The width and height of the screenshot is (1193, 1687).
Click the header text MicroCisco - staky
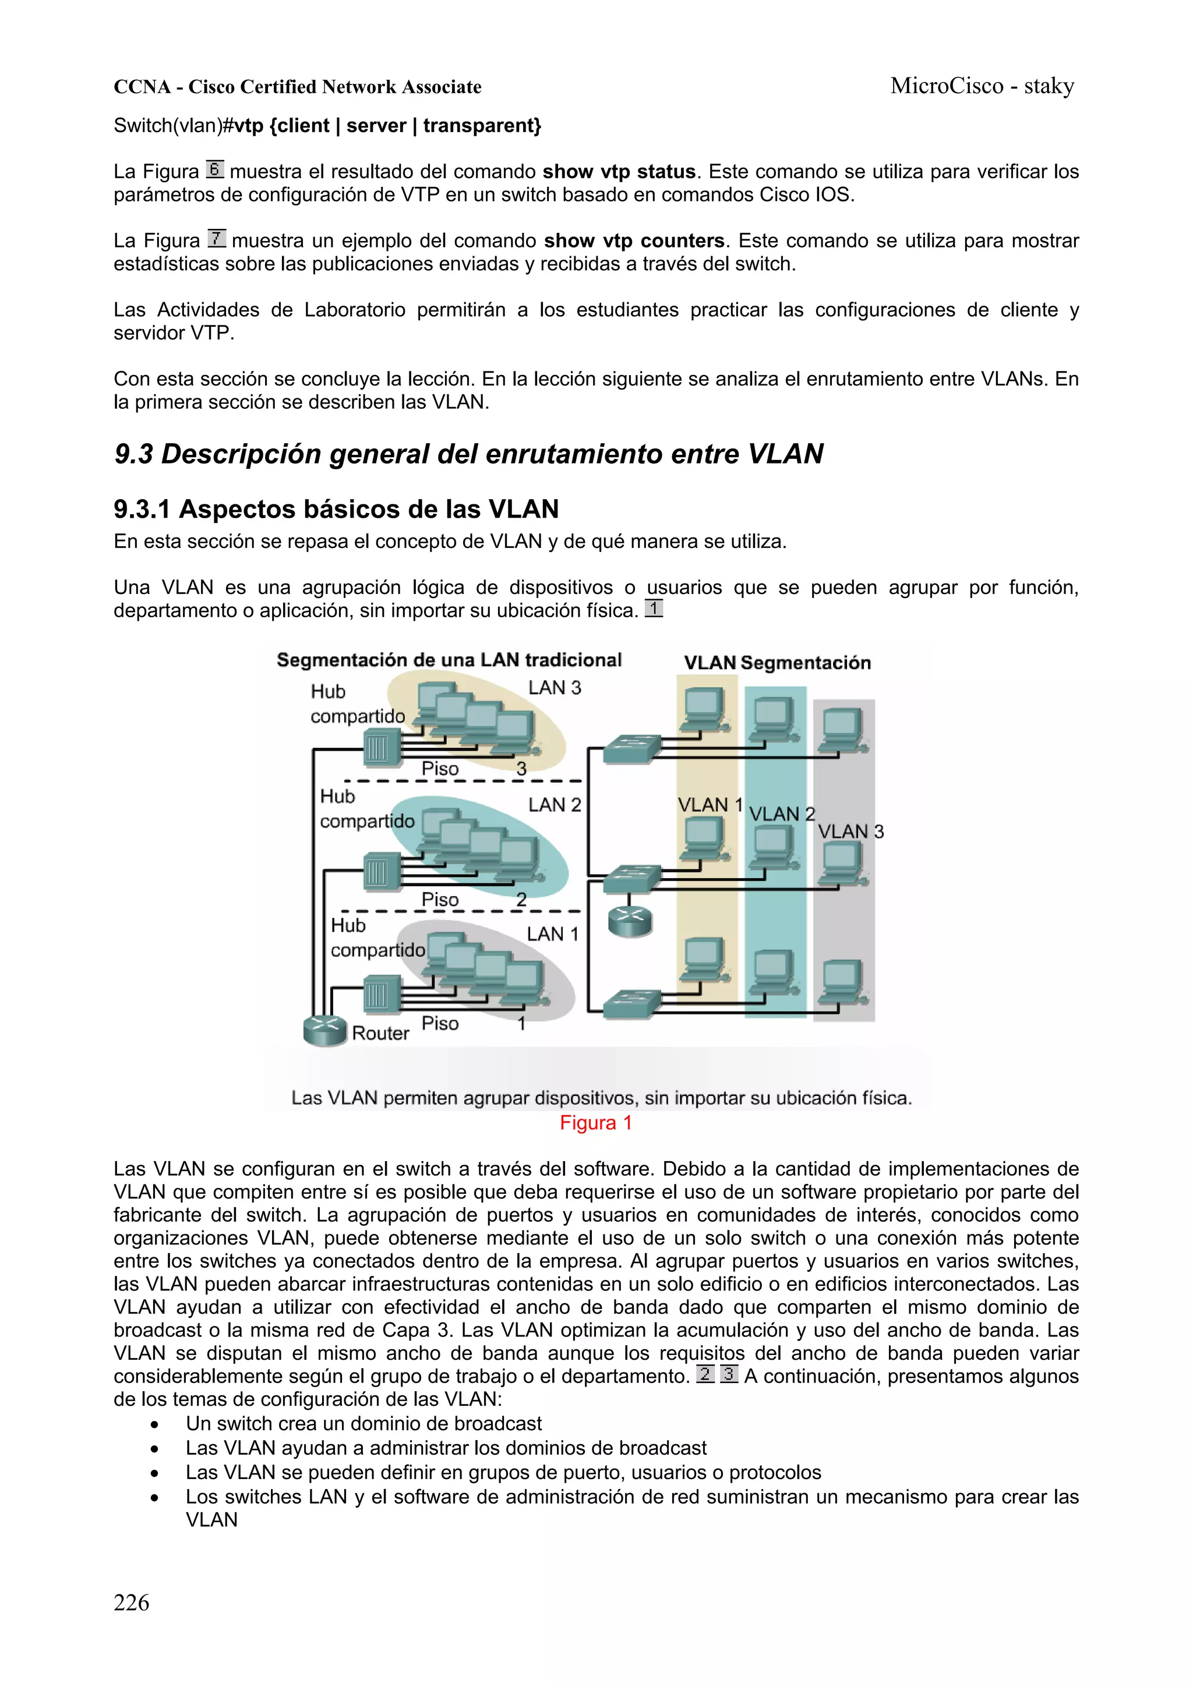pos(982,86)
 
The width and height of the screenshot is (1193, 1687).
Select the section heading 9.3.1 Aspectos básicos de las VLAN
pos(336,509)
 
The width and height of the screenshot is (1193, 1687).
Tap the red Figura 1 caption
pos(595,1123)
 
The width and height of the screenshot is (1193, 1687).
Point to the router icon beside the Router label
pos(325,1030)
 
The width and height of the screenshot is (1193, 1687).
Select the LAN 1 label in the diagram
pos(553,934)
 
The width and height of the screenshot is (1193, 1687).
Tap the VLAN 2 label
pos(781,814)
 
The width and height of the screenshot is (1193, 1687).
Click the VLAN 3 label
pos(850,832)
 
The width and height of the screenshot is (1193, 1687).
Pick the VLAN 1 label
pos(710,805)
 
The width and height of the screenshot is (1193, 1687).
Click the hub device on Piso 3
pos(382,748)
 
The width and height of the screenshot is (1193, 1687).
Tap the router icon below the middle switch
pos(631,921)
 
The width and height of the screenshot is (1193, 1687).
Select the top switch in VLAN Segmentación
pos(631,749)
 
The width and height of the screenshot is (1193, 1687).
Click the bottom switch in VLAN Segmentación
pos(631,1004)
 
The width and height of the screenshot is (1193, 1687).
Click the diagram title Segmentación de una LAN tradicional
pos(449,660)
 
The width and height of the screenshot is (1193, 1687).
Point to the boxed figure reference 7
pos(216,239)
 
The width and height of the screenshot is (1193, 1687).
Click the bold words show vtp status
pos(618,172)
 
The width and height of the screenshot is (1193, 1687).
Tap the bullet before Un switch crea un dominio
pos(154,1424)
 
